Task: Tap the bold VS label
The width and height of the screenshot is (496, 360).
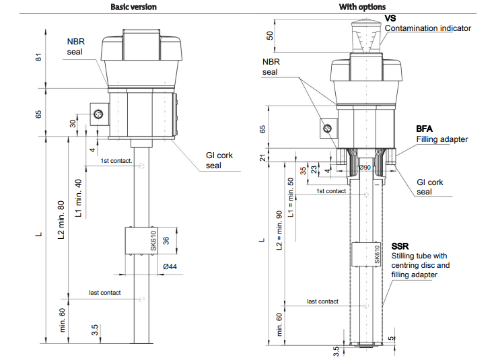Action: click(x=390, y=18)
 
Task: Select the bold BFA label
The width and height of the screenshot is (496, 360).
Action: click(x=425, y=127)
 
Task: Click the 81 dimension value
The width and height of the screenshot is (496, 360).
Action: click(x=40, y=59)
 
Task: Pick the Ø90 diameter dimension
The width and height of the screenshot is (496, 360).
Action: click(x=365, y=167)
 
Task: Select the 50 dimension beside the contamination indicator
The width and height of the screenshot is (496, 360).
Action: click(x=270, y=35)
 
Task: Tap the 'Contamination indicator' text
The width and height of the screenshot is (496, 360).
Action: click(x=428, y=28)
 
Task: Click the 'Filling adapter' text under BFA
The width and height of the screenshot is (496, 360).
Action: click(x=441, y=139)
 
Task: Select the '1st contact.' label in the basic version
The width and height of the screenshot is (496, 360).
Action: click(x=116, y=161)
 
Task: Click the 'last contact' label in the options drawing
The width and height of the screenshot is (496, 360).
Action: click(x=322, y=301)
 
